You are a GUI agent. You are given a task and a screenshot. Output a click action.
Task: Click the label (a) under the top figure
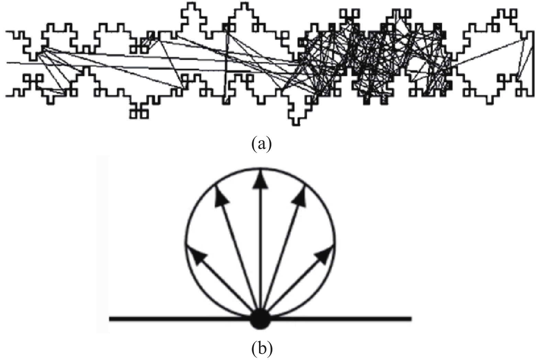261,144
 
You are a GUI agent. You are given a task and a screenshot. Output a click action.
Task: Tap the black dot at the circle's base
260,320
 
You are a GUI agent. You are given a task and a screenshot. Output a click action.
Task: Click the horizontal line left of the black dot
180,319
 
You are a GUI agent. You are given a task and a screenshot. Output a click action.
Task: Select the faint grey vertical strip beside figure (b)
103,244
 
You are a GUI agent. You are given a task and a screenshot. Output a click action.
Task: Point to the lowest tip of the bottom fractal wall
296,125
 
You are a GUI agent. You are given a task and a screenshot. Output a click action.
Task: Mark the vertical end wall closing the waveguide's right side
533,64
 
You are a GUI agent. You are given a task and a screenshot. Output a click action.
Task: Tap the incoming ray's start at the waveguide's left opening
7,63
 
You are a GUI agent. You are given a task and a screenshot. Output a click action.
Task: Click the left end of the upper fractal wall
6,32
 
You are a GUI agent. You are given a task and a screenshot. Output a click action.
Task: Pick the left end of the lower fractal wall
6,96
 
